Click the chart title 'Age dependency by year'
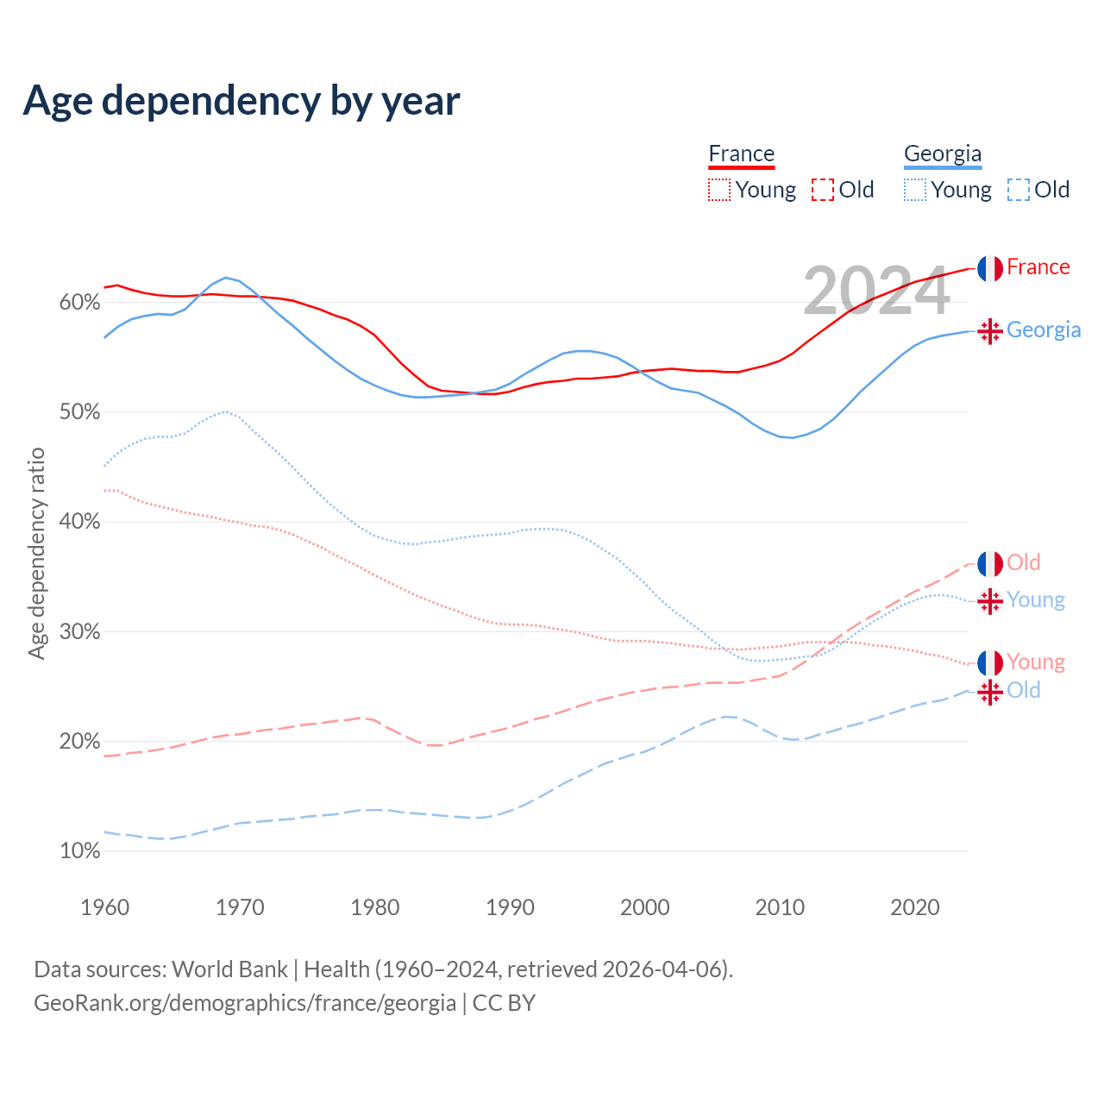point(241,100)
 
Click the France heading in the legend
point(741,154)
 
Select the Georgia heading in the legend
point(942,154)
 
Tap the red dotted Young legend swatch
point(719,190)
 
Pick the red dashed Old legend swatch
point(823,190)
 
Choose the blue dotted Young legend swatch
point(915,190)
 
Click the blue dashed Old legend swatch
point(1019,190)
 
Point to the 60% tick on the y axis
point(79,303)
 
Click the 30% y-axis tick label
point(79,632)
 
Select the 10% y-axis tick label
point(79,851)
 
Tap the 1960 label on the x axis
point(104,907)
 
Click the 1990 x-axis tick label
point(510,907)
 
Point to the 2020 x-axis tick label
point(914,907)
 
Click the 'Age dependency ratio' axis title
point(36,553)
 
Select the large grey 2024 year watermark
point(876,292)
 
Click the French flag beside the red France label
point(990,268)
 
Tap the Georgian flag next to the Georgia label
point(990,331)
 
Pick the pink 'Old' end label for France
point(1024,562)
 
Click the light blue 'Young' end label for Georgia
point(1035,599)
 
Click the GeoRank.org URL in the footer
point(245,1003)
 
